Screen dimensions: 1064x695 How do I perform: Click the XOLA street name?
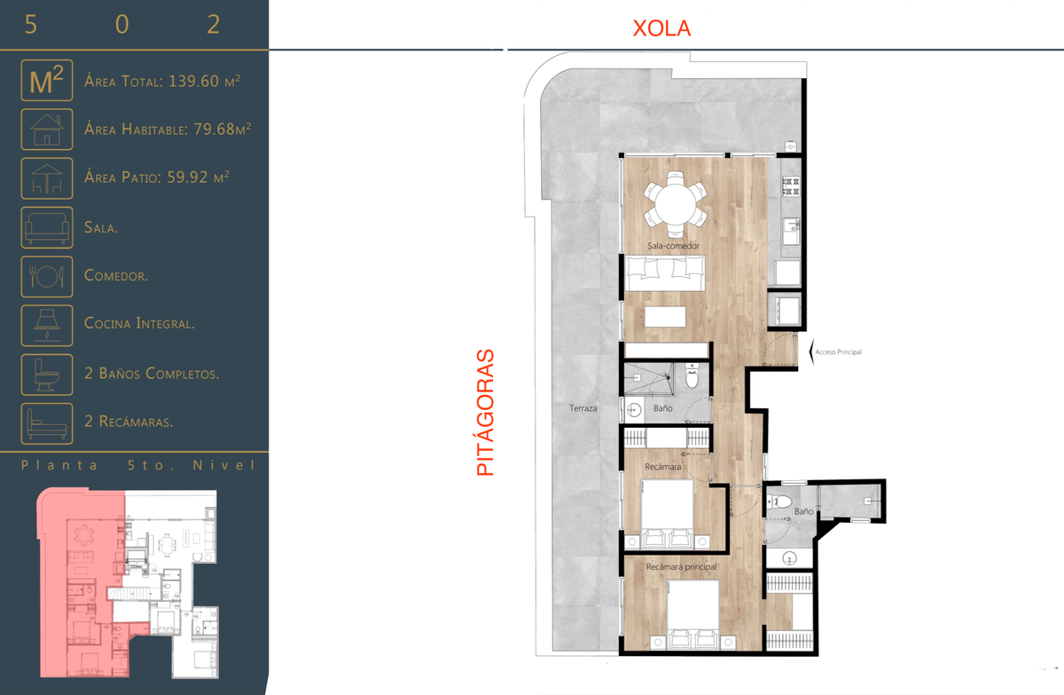point(661,28)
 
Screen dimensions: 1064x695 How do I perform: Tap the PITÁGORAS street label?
point(486,413)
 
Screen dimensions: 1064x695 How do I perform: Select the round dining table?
point(675,204)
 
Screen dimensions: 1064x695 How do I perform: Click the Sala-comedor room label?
point(673,246)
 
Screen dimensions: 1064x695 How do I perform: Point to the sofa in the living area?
point(664,272)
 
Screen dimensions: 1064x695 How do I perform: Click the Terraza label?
point(583,408)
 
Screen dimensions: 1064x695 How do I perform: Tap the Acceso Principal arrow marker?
point(812,351)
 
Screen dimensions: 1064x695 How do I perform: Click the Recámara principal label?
point(681,566)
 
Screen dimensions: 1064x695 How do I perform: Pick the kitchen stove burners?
point(791,186)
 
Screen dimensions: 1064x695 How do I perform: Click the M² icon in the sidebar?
point(46,81)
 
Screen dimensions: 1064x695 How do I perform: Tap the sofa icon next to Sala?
point(46,227)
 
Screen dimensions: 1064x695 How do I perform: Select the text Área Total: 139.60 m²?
point(162,82)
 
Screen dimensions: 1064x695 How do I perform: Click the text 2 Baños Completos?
point(152,373)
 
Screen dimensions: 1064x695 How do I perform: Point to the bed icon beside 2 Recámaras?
point(46,423)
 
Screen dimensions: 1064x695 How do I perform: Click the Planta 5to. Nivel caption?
point(138,465)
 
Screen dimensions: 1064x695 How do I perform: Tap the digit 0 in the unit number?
point(122,24)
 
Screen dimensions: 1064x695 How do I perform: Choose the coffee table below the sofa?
point(665,317)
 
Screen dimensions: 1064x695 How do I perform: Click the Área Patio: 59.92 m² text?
point(157,178)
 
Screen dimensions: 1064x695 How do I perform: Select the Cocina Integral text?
point(139,324)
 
